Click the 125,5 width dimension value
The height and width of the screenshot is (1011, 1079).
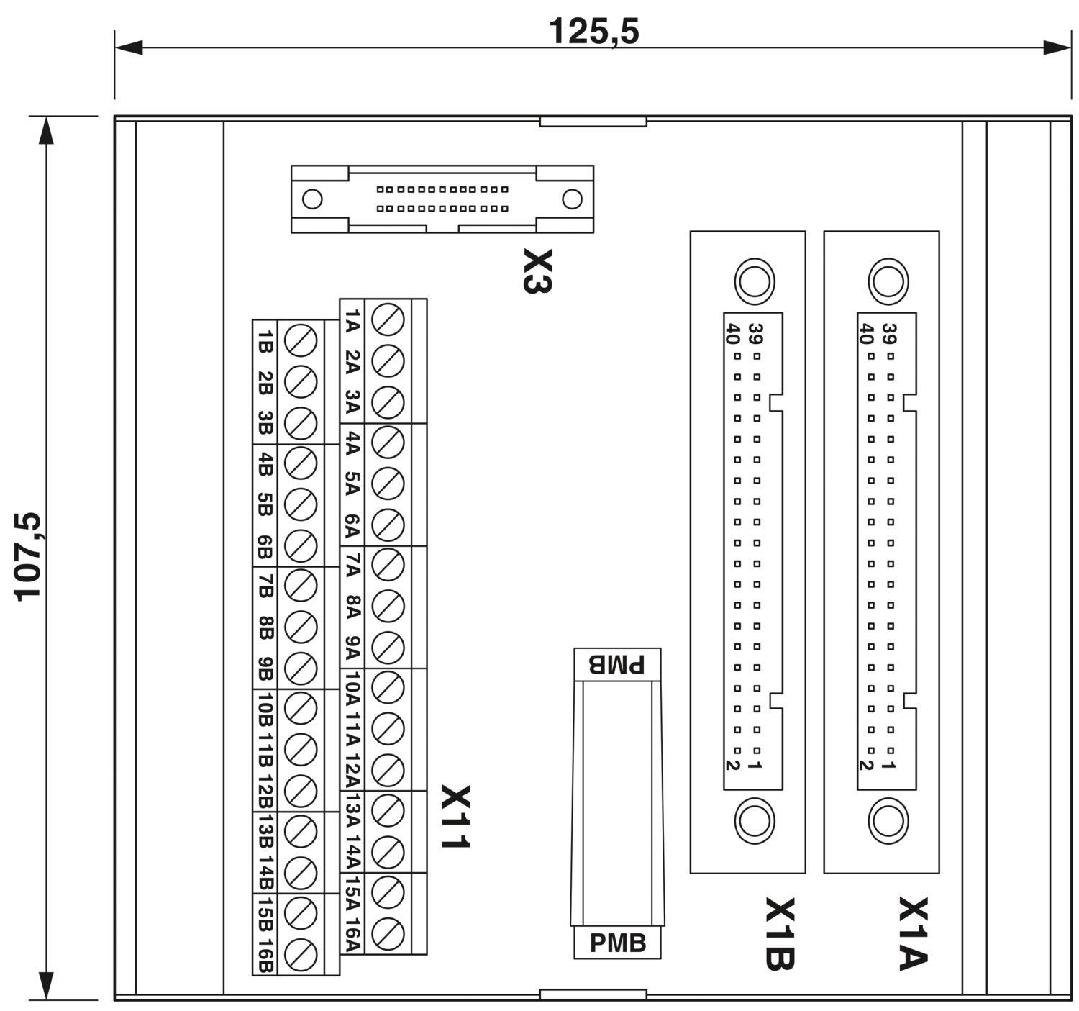(x=593, y=32)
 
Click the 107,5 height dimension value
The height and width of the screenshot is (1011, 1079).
(x=27, y=557)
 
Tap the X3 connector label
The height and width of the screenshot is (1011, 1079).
(x=537, y=271)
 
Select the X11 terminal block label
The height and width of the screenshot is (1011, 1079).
(x=455, y=817)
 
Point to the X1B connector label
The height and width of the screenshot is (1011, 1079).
(x=780, y=934)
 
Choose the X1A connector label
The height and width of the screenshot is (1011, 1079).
(x=914, y=934)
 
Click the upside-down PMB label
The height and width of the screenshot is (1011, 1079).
(x=617, y=664)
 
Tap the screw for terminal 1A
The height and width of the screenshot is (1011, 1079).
(x=388, y=319)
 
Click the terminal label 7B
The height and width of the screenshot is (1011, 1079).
(x=265, y=586)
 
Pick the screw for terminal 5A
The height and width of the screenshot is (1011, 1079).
(x=388, y=484)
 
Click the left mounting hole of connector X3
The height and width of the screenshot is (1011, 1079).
(x=312, y=199)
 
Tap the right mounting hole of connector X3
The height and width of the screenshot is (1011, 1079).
(x=572, y=199)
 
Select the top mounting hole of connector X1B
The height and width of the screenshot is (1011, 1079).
(x=755, y=281)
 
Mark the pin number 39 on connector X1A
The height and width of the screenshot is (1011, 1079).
(x=889, y=334)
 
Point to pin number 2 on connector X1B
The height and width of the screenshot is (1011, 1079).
(x=733, y=766)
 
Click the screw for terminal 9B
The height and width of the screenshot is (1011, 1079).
(x=301, y=668)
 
